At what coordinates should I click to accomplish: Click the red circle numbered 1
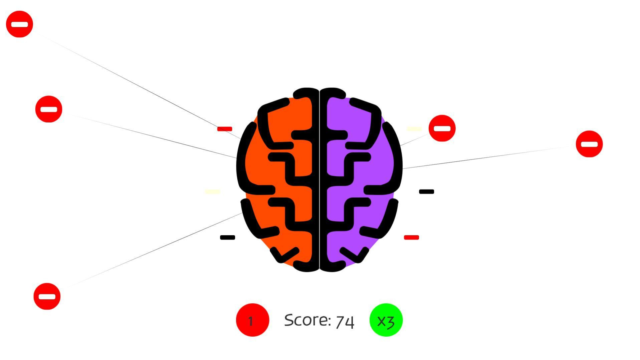(252, 320)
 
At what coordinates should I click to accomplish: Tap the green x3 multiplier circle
(386, 320)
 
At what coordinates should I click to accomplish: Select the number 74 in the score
(345, 321)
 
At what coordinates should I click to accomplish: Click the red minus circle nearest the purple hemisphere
(442, 128)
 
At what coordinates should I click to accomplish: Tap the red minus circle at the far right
(589, 144)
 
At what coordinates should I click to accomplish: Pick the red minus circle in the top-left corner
(19, 24)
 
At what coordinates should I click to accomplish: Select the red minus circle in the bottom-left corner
(47, 296)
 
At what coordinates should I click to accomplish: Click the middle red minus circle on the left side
(49, 109)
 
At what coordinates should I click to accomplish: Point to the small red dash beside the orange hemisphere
(225, 129)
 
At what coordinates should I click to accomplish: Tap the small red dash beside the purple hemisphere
(411, 237)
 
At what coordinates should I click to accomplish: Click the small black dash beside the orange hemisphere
(228, 237)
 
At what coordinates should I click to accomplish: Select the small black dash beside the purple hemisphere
(427, 192)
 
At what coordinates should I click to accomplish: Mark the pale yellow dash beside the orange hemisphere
(212, 192)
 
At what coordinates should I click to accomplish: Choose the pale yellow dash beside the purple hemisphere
(414, 129)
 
